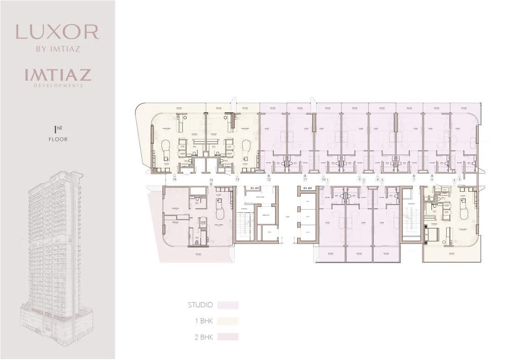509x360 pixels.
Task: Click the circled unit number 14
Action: tap(174, 179)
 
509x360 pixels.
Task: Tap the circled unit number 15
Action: tap(211, 179)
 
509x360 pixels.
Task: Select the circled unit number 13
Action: tap(237, 179)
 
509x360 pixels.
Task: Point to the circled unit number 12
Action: tap(269, 179)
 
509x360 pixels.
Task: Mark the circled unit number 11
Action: tap(305, 179)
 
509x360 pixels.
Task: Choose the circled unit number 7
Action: tap(414, 179)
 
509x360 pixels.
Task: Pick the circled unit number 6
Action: tap(432, 179)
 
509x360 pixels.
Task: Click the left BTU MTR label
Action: tap(255, 188)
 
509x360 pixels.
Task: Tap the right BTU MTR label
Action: tap(307, 188)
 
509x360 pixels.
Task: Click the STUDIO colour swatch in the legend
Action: tap(228, 305)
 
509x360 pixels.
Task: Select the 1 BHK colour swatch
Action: tap(228, 321)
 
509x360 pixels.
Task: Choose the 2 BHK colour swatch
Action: tap(228, 337)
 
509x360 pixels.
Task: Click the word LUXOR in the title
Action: tap(57, 32)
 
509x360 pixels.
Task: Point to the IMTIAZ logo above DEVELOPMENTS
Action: tap(57, 75)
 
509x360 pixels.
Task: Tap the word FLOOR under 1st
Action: tap(58, 139)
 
